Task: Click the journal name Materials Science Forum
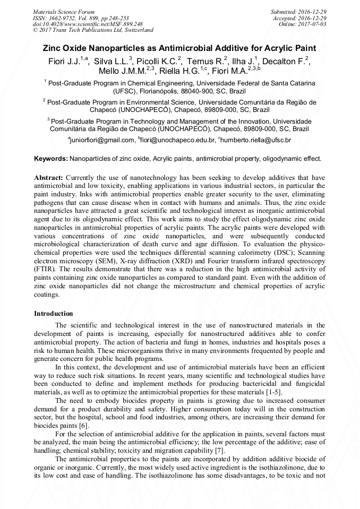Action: pyautogui.click(x=64, y=11)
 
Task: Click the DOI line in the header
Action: pyautogui.click(x=88, y=24)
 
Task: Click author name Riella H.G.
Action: pyautogui.click(x=189, y=71)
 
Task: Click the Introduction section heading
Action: pyautogui.click(x=54, y=314)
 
